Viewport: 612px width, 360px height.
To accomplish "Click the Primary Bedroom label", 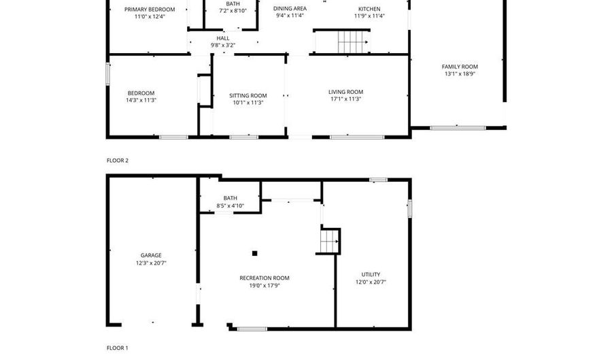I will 150,10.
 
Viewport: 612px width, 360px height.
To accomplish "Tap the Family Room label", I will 460,67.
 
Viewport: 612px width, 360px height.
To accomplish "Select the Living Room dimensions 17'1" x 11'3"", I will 345,99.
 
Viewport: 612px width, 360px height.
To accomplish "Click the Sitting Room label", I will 248,95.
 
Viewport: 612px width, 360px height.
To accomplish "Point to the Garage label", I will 151,255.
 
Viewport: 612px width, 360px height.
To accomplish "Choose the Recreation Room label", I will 265,278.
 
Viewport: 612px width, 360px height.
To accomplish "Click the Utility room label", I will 371,274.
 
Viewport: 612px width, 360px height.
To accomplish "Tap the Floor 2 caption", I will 118,161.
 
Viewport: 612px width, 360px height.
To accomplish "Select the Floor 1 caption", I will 118,348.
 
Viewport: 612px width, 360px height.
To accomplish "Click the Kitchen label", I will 369,9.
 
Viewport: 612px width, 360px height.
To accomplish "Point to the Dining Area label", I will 290,8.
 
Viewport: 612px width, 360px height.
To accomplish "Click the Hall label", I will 223,38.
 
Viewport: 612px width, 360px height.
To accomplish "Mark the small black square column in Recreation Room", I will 255,253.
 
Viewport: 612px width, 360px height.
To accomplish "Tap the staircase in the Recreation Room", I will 329,241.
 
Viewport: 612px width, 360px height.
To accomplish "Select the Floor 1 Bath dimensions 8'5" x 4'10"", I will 230,206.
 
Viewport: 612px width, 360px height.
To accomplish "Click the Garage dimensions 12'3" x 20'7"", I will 151,263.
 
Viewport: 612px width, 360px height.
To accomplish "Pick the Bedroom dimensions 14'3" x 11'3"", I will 141,100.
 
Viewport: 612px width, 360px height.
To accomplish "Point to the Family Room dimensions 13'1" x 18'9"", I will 460,74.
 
